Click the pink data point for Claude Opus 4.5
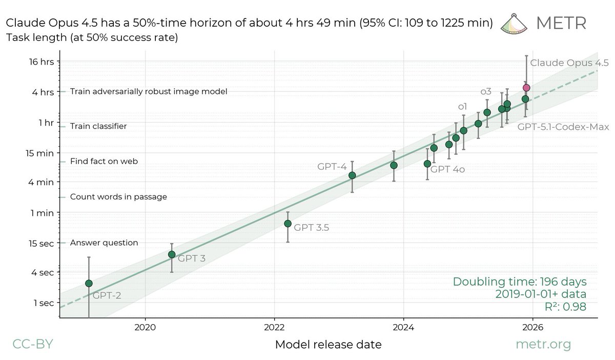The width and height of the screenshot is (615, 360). point(526,88)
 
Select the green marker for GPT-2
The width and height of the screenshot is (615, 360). point(89,283)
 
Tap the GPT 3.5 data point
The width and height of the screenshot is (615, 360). point(288,223)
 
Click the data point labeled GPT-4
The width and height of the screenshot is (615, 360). point(352,175)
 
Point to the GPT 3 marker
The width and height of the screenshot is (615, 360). point(172,254)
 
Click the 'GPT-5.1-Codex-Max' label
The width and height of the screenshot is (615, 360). point(563,126)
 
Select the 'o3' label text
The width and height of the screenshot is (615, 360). point(485,91)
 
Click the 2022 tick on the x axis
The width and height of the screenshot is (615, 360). point(274,326)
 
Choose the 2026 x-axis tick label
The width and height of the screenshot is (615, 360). point(533,326)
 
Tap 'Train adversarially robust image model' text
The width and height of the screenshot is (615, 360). point(148,91)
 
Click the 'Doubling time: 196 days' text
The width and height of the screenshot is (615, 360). point(520,282)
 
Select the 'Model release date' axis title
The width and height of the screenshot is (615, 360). point(328,345)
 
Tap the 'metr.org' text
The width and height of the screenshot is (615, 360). point(543,345)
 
